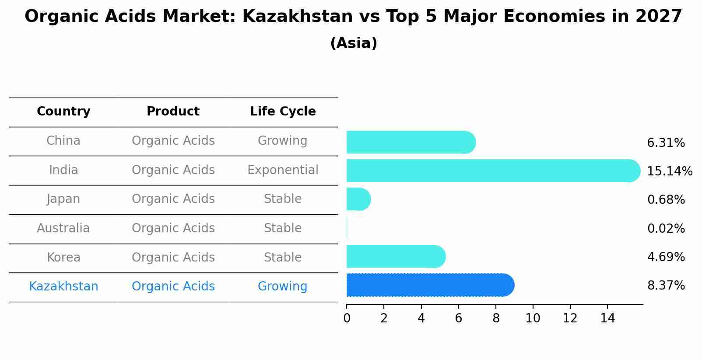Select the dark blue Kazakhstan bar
pos(429,285)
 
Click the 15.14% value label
pos(669,171)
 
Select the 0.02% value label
pos(666,228)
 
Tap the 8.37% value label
pos(666,286)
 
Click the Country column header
pos(63,112)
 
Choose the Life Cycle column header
pos(283,112)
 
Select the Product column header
pos(173,112)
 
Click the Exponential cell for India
pos(283,170)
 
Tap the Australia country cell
pos(63,228)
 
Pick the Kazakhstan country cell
pos(63,286)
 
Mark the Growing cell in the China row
pos(282,140)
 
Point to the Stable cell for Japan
pos(283,199)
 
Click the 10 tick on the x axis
pos(533,318)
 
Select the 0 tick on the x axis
pos(347,318)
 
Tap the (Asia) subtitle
pos(354,43)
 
